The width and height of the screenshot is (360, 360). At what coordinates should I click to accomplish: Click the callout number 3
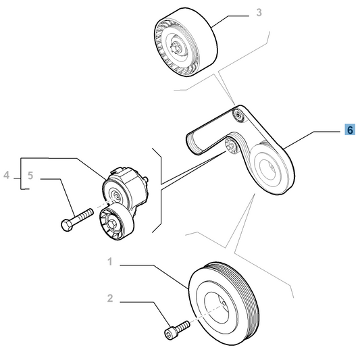click(x=259, y=13)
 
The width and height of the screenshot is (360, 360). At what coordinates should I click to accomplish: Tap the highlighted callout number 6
click(x=350, y=130)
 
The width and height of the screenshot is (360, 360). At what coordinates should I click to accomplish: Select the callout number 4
click(x=7, y=175)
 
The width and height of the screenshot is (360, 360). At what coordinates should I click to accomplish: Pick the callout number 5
click(x=30, y=176)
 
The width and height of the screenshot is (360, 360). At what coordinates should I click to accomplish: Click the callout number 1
click(x=110, y=261)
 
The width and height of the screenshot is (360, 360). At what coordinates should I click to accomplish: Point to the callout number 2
click(x=110, y=299)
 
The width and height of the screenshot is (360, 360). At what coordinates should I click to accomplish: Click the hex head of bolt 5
click(x=67, y=225)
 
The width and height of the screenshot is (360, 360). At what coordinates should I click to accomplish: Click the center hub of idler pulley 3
click(x=177, y=47)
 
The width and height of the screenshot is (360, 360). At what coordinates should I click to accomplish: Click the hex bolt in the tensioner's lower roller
click(x=113, y=224)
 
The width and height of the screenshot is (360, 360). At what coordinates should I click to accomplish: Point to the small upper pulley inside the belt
click(x=238, y=115)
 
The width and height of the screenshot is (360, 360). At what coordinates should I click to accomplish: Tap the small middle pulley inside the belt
click(x=231, y=146)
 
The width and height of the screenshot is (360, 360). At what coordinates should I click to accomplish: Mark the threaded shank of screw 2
click(x=183, y=326)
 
